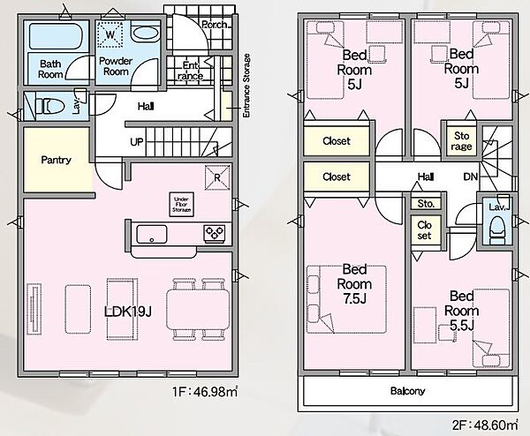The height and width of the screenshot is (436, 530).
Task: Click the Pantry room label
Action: click(x=57, y=160)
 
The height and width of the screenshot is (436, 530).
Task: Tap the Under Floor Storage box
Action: click(x=181, y=205)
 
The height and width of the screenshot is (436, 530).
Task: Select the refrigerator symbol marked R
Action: click(x=217, y=177)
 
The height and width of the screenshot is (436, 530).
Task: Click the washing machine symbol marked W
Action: click(x=110, y=34)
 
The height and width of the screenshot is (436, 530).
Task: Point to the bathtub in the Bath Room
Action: click(x=57, y=36)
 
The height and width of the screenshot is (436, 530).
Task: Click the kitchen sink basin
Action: click(x=151, y=234)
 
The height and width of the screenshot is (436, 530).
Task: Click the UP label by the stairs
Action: click(x=137, y=142)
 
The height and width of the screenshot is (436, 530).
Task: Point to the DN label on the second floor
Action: click(x=470, y=177)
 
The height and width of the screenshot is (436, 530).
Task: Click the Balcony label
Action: click(x=407, y=391)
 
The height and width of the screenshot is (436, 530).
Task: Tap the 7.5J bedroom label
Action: click(x=354, y=284)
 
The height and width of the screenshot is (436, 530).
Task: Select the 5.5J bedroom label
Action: click(x=461, y=311)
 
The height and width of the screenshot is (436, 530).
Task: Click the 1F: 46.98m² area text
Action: click(x=205, y=392)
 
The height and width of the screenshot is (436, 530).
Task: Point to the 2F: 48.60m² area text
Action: click(x=485, y=425)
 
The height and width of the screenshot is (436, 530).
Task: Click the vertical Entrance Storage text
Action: click(x=246, y=86)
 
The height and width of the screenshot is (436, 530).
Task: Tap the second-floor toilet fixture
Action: click(x=497, y=229)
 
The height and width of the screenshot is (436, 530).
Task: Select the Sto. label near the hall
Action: click(x=426, y=204)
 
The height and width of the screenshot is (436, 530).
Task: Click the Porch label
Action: click(x=215, y=25)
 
